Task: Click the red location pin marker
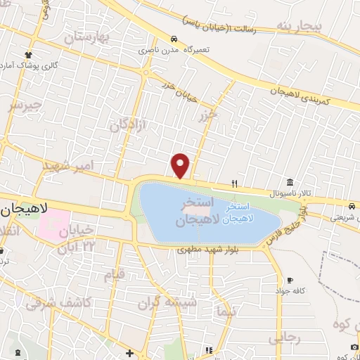[181, 166]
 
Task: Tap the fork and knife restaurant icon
[235, 184]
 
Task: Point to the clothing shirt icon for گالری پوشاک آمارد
[28, 55]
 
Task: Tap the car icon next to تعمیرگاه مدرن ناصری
[174, 39]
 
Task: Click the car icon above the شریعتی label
[351, 206]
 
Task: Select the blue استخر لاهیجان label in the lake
[237, 214]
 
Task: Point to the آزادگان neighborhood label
[127, 119]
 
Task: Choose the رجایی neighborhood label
[284, 340]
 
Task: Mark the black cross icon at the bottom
[129, 353]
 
